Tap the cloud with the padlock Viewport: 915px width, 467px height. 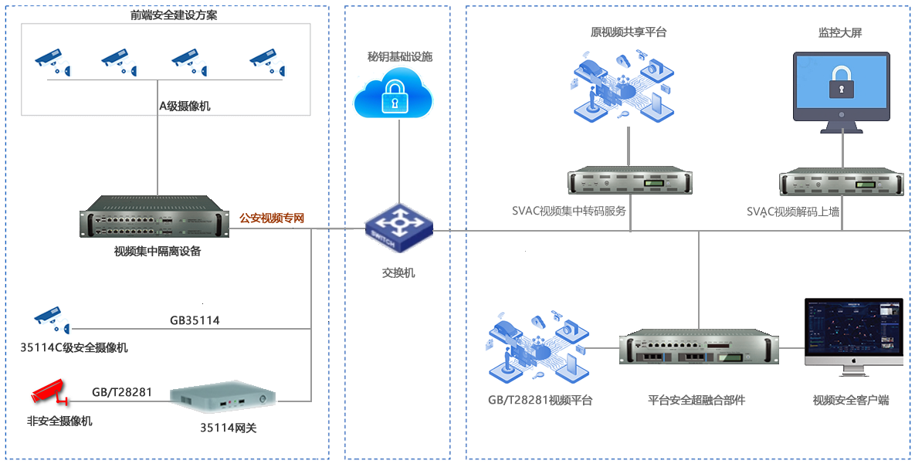394,94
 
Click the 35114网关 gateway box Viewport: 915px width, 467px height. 223,397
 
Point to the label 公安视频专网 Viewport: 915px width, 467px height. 272,218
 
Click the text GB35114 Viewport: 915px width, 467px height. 195,320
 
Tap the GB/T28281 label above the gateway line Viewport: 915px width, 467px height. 121,392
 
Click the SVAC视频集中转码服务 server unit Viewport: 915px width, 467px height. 631,182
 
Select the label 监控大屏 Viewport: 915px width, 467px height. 841,32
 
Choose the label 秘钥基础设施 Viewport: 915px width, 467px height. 400,57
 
